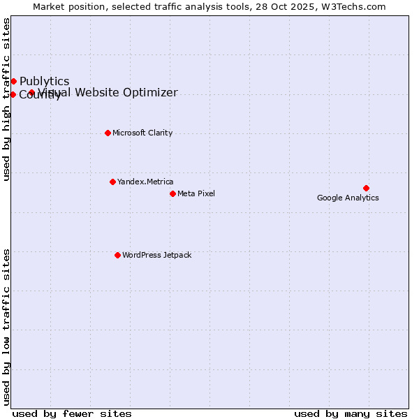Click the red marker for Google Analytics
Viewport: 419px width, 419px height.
[x=366, y=188]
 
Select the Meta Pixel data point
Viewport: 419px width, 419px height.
[x=172, y=193]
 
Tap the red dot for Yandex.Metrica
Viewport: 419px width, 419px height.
[x=112, y=182]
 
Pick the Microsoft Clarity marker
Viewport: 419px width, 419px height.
[x=108, y=133]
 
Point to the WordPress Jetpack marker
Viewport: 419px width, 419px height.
[x=117, y=255]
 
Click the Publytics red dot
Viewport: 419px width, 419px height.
[x=13, y=81]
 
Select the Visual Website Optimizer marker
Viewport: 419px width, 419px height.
[x=31, y=92]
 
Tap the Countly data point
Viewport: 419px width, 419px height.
[x=13, y=94]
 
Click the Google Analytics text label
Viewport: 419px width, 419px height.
[x=348, y=198]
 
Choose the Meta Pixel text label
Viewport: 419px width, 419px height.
[x=196, y=193]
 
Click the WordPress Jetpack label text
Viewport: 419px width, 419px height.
[x=156, y=255]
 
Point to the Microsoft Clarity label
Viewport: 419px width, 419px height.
[x=142, y=133]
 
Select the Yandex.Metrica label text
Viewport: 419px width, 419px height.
[x=145, y=182]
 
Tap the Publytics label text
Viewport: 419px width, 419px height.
[x=44, y=81]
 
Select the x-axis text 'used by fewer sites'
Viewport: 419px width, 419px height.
[x=72, y=413]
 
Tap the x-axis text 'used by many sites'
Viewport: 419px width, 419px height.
[x=351, y=413]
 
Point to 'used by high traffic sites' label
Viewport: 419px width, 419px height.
[x=6, y=99]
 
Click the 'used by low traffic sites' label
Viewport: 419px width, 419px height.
[x=6, y=327]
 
